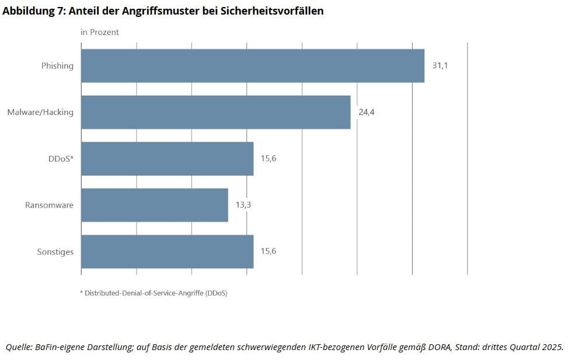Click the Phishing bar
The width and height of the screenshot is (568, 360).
click(252, 66)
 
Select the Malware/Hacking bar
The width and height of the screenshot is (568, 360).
click(215, 112)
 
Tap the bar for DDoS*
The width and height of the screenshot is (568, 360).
click(167, 159)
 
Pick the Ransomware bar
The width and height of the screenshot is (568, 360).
click(154, 205)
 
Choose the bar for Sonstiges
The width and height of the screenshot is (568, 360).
click(167, 251)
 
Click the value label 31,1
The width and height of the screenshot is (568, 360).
click(440, 66)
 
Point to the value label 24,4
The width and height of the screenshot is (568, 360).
click(366, 112)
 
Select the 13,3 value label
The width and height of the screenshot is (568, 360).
click(243, 205)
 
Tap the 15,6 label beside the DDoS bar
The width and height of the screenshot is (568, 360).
click(269, 159)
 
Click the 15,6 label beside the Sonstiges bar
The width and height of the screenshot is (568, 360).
click(269, 251)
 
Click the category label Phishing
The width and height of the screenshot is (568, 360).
click(57, 66)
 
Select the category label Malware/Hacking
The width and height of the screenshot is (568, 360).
click(40, 112)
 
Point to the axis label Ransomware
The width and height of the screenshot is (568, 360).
click(49, 205)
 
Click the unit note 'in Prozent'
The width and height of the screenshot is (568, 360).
click(99, 32)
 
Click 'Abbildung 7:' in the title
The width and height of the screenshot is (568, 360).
click(33, 11)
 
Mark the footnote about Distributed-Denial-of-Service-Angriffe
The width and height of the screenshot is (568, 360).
click(154, 293)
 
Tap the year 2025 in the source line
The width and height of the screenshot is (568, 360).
click(552, 347)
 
